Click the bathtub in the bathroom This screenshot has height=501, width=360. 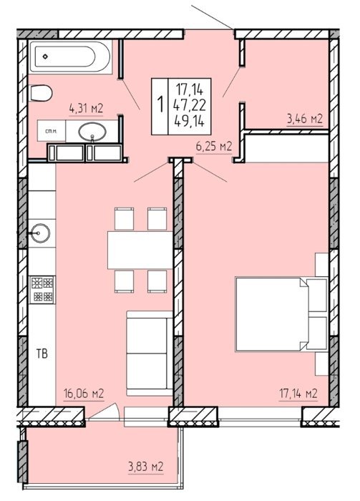pos(71,57)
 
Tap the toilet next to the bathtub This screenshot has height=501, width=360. pos(41,93)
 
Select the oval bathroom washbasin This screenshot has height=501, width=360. pos(92,132)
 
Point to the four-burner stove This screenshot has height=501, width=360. pos(42,290)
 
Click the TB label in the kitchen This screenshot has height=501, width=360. pos(42,354)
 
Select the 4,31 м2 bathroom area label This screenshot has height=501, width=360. pos(86,109)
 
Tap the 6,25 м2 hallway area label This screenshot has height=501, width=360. pos(214,147)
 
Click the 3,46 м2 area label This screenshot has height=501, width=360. pos(305,119)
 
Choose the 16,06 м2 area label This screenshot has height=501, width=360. pos(84,394)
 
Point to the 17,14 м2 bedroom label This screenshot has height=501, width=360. pos(298,394)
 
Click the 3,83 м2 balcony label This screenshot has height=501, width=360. pos(146,467)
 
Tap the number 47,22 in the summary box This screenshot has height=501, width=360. pos(190,104)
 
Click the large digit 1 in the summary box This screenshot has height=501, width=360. pos(160,104)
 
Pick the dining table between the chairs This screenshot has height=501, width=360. pos(140,250)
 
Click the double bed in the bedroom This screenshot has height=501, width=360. pos(281,314)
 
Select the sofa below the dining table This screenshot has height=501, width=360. pos(150,354)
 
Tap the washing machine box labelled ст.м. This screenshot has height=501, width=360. pos(52,131)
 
